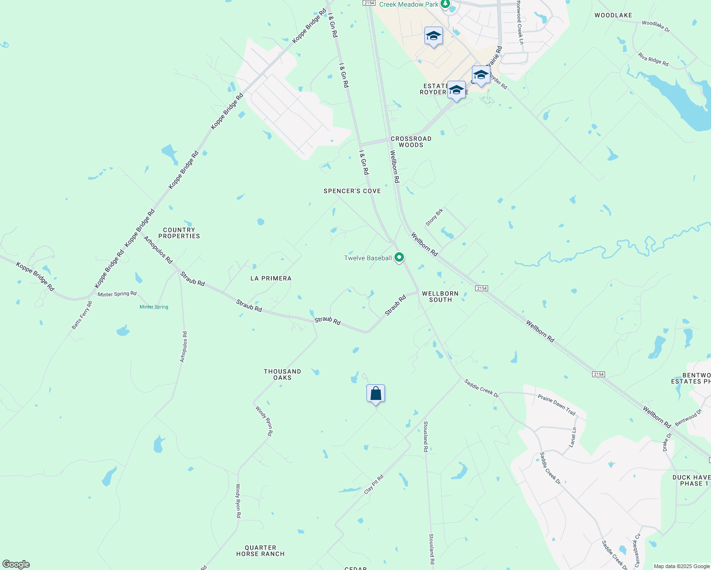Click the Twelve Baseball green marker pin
point(399,257)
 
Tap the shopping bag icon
point(375,394)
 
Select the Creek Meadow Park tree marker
point(445,4)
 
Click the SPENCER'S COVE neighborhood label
point(352,191)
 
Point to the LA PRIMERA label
point(271,278)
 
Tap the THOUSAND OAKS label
point(282,374)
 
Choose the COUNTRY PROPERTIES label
point(179,233)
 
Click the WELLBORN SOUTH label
point(440,296)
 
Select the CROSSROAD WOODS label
point(411,142)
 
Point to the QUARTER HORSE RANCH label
point(260,551)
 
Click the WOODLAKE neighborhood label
point(613,15)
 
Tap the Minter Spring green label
point(154,307)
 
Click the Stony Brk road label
point(434,217)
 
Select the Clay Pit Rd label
point(374,484)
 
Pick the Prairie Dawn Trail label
point(557,405)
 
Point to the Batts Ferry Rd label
point(82,315)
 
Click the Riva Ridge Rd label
point(653,59)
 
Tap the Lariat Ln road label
point(573,437)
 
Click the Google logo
point(16,564)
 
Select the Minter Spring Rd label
point(117,294)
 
